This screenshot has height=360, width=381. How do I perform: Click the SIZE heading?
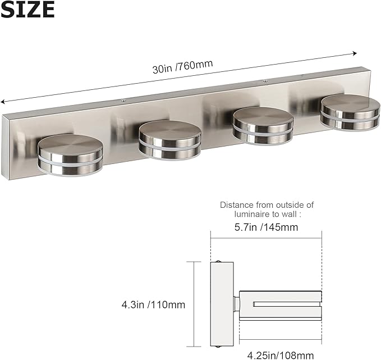click(x=27, y=10)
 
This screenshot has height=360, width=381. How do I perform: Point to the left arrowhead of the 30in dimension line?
click(x=3, y=102)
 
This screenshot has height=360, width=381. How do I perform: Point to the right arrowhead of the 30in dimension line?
click(x=355, y=53)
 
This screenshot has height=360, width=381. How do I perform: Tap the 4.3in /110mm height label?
click(x=153, y=305)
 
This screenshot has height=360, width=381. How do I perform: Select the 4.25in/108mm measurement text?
click(x=280, y=354)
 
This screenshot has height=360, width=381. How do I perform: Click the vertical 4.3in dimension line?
click(x=194, y=304)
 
